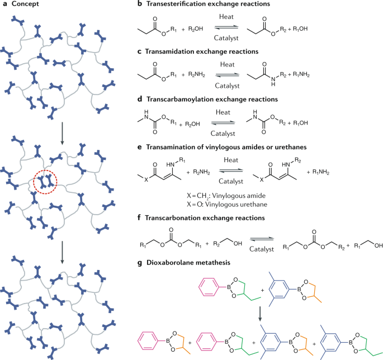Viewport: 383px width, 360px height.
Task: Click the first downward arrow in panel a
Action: point(62,146)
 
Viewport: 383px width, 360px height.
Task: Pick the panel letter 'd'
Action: point(139,100)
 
